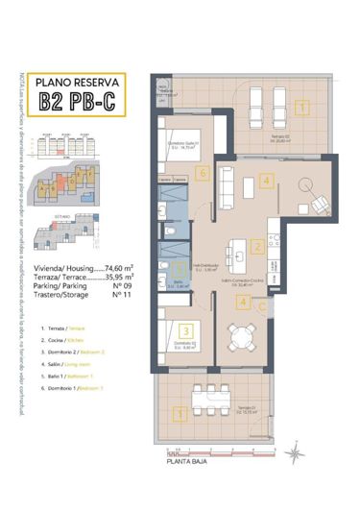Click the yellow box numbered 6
201,174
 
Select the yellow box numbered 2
257,246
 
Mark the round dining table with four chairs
240,337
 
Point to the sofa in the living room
227,182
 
